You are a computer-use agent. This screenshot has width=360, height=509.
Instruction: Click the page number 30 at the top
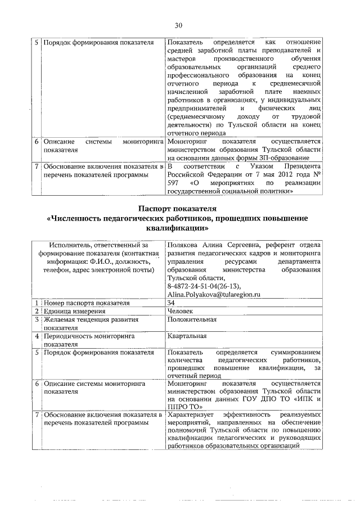(179, 25)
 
